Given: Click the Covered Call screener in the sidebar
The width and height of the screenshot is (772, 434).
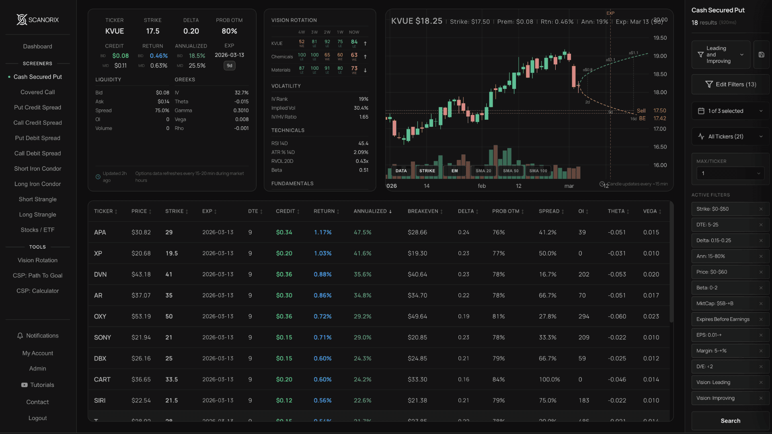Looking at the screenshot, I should (37, 92).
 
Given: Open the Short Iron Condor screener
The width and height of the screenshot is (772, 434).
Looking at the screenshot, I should (37, 169).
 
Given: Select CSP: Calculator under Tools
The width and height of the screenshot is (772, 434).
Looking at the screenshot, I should (37, 291).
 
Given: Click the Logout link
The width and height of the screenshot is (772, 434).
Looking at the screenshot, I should (37, 418).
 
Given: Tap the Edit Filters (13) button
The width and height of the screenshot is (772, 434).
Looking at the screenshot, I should (730, 84).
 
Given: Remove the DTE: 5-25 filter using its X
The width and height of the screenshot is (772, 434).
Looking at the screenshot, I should (761, 225).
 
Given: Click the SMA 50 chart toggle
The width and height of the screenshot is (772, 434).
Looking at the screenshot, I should (511, 171).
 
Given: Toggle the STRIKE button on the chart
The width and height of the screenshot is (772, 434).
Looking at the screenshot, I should (427, 171).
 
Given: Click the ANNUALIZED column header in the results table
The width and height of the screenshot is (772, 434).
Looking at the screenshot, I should (370, 211).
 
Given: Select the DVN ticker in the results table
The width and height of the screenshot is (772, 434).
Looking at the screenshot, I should (100, 274).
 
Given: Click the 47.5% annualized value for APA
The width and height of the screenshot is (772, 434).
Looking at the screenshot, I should (362, 232).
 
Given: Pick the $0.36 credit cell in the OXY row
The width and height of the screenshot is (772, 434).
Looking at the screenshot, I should (284, 317).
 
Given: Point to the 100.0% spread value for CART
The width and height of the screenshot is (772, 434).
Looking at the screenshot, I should (549, 379).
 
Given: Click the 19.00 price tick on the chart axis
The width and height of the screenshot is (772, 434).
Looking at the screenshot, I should (660, 56).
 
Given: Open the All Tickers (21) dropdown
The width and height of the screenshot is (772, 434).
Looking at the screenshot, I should (730, 137).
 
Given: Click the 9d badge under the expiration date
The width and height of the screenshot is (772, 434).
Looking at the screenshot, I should (229, 66).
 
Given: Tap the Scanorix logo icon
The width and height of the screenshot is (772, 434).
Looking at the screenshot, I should (22, 20).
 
